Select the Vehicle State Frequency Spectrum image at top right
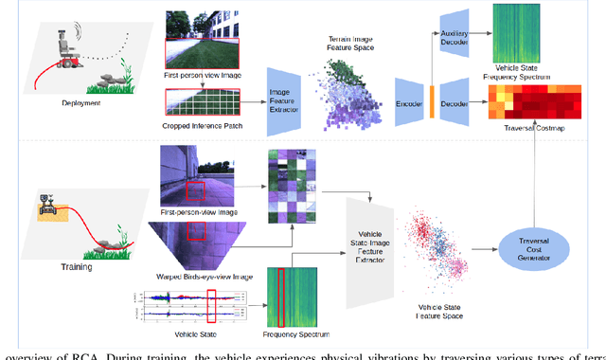tap(534, 33)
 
